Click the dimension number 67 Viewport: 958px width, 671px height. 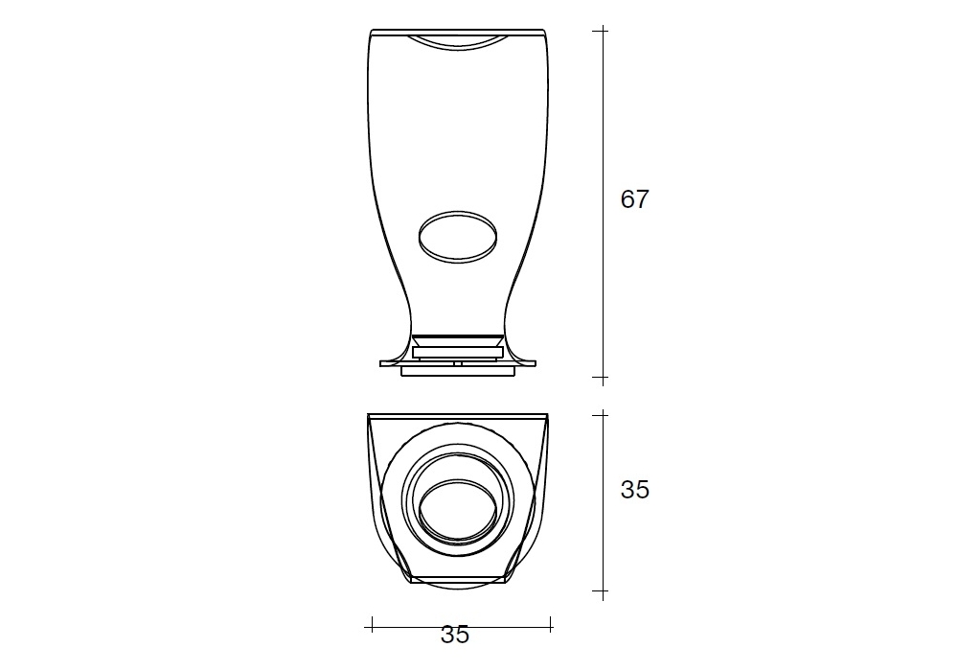pyautogui.click(x=634, y=199)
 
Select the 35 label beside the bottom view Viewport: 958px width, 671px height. pyautogui.click(x=635, y=490)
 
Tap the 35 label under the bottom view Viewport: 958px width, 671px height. pyautogui.click(x=455, y=635)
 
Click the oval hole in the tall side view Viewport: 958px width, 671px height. pyautogui.click(x=458, y=237)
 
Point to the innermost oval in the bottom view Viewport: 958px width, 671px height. pyautogui.click(x=458, y=509)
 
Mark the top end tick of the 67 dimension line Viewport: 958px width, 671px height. pyautogui.click(x=603, y=30)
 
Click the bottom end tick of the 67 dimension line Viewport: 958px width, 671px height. pyautogui.click(x=603, y=377)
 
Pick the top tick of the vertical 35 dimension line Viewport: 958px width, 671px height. pyautogui.click(x=603, y=414)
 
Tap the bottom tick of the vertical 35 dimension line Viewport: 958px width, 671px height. pyautogui.click(x=603, y=590)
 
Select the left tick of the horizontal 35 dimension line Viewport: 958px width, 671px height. pyautogui.click(x=372, y=625)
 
